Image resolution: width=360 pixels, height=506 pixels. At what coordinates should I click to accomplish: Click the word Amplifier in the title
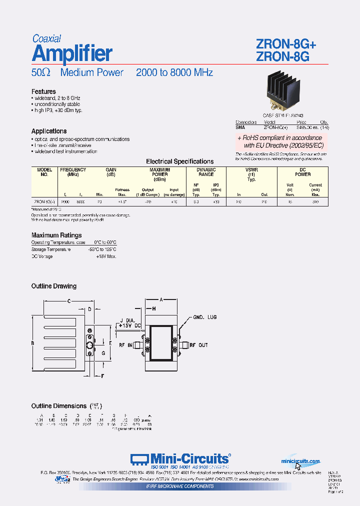pyautogui.click(x=72, y=53)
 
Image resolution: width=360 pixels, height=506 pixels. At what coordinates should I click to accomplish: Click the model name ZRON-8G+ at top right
pyautogui.click(x=285, y=44)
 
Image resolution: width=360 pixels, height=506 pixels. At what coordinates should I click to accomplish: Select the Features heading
pyautogui.click(x=43, y=91)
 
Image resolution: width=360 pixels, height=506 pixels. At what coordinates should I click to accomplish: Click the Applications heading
pyautogui.click(x=49, y=131)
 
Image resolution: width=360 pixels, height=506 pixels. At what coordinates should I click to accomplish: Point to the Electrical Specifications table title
pyautogui.click(x=179, y=161)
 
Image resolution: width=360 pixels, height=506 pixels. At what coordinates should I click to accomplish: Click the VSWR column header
pyautogui.click(x=252, y=170)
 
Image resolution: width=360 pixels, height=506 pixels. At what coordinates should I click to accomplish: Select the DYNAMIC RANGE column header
pyautogui.click(x=206, y=172)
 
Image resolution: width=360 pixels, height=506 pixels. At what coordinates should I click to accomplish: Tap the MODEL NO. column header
pyautogui.click(x=44, y=172)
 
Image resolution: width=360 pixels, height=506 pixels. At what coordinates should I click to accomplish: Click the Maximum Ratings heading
pyautogui.click(x=56, y=235)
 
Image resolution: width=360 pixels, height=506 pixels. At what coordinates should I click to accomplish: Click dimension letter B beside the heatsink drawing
pyautogui.click(x=32, y=343)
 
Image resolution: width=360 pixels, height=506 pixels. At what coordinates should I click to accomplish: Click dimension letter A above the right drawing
pyautogui.click(x=161, y=299)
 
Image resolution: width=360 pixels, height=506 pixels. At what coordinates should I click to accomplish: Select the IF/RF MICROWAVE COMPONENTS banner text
pyautogui.click(x=179, y=486)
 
